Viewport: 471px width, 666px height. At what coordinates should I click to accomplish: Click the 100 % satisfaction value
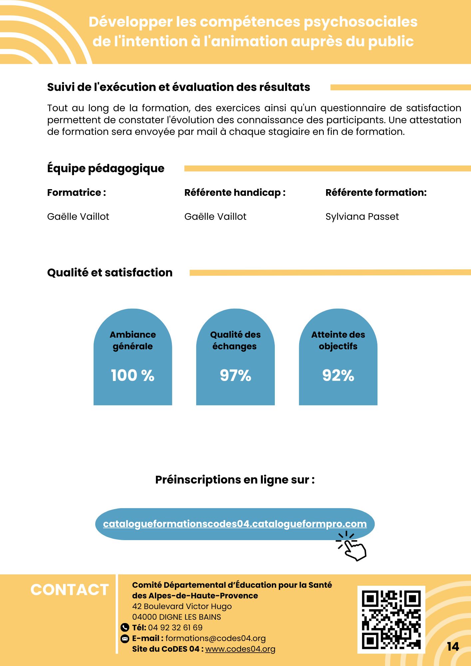point(133,375)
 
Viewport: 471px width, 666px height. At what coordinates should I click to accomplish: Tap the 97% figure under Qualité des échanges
point(235,375)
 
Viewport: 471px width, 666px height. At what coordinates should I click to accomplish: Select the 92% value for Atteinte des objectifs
point(338,375)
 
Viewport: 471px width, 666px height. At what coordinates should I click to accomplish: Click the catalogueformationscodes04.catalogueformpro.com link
point(235,524)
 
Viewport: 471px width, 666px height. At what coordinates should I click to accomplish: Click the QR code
point(391,620)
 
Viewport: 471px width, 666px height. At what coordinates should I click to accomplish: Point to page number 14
point(453,647)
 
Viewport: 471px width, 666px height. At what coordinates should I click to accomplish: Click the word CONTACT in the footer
point(70,590)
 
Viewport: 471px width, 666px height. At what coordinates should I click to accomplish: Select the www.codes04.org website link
point(240,649)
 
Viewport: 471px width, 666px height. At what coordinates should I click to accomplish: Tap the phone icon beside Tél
point(125,628)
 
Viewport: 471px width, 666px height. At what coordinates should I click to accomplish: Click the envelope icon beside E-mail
point(125,638)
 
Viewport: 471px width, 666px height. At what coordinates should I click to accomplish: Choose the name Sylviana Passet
point(362,216)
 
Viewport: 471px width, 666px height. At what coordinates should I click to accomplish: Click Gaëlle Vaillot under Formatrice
point(78,216)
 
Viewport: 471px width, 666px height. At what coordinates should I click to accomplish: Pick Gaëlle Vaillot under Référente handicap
point(216,216)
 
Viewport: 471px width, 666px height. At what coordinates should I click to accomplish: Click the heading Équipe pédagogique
point(106,168)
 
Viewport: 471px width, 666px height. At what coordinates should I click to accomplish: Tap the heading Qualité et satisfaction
point(110,272)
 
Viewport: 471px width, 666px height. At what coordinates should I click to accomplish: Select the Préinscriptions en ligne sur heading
point(235,480)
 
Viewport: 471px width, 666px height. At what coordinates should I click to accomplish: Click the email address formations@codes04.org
point(216,638)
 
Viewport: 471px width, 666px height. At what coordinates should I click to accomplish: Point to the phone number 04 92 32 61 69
point(175,628)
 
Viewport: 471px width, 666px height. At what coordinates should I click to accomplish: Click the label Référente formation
point(376,192)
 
